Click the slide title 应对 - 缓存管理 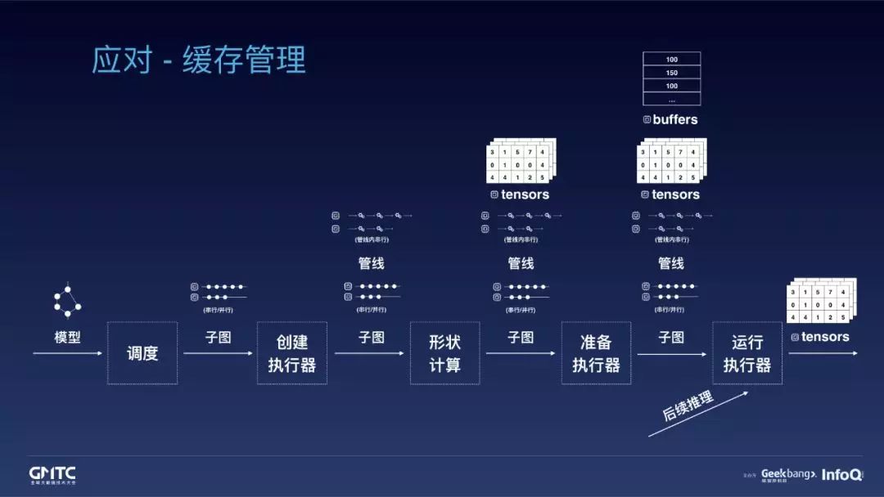click(x=199, y=60)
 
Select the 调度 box click(x=142, y=353)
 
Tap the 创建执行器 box click(x=292, y=353)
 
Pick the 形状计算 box click(x=444, y=353)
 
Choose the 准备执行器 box click(x=596, y=353)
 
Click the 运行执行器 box click(x=746, y=353)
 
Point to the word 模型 click(x=67, y=337)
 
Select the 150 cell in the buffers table click(x=671, y=73)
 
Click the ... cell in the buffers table click(x=671, y=99)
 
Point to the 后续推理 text click(x=688, y=406)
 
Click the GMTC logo click(x=52, y=473)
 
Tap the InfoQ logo click(x=841, y=474)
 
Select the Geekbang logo click(x=788, y=474)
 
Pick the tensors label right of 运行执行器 click(x=824, y=337)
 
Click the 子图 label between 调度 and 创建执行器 click(x=219, y=337)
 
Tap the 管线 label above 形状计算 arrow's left click(x=371, y=263)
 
